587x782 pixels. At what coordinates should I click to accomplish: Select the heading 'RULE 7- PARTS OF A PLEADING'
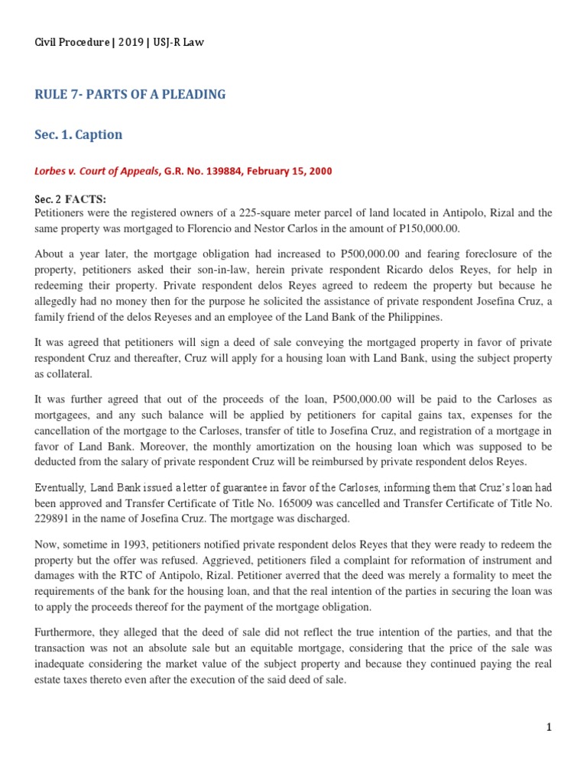130,95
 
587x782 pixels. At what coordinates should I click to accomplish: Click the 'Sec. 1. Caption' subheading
79,134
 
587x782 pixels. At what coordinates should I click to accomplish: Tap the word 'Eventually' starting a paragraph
59,487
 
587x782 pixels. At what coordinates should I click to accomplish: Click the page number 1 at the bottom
548,728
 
